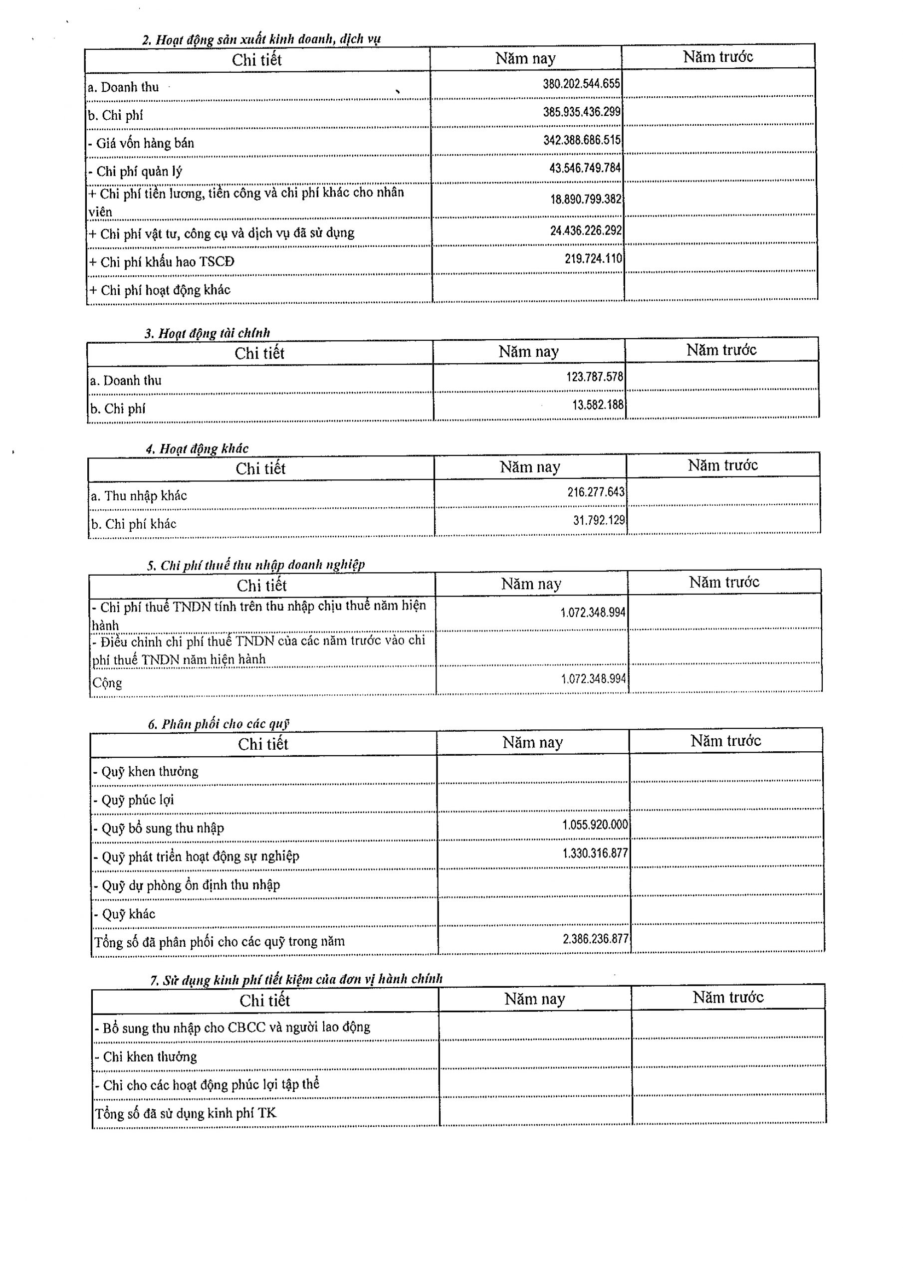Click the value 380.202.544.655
(x=581, y=84)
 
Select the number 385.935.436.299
(x=581, y=112)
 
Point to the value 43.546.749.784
(x=585, y=168)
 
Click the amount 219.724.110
(x=593, y=258)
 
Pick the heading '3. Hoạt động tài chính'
(x=207, y=333)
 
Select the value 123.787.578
(x=594, y=377)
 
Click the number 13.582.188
(x=598, y=405)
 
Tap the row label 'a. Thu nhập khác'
(x=139, y=495)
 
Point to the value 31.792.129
(x=599, y=521)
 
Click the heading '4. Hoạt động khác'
(x=197, y=449)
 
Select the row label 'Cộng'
(x=107, y=682)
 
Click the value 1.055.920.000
(x=595, y=825)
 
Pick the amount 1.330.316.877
(x=595, y=853)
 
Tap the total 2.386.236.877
(x=595, y=939)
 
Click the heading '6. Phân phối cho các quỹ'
(x=218, y=724)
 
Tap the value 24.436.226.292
(x=585, y=230)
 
